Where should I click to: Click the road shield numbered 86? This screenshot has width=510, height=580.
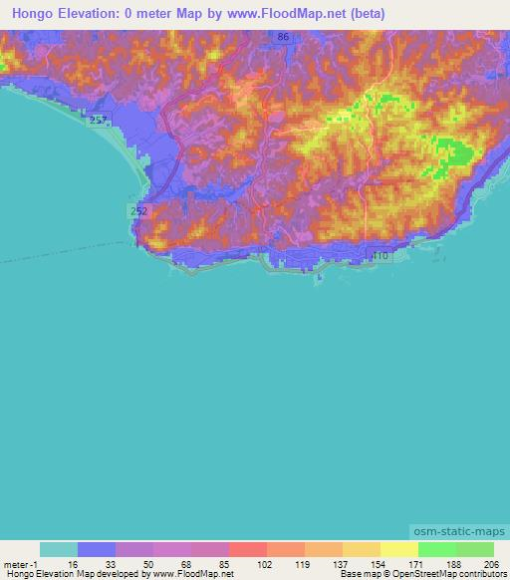[x=285, y=37]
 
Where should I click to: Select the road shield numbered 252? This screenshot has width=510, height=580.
[x=138, y=210]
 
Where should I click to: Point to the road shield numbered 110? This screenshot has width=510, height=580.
[x=380, y=256]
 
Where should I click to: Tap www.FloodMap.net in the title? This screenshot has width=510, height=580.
[x=298, y=14]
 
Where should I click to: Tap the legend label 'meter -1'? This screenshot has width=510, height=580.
[x=20, y=563]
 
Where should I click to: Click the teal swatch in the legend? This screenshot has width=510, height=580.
[x=58, y=549]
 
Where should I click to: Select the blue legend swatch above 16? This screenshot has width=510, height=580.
[x=96, y=549]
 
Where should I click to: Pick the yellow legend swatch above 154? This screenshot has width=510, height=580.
[x=362, y=549]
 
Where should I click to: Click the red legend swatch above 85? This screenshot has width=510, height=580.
[x=248, y=549]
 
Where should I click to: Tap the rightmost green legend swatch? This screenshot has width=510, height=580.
[x=475, y=549]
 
